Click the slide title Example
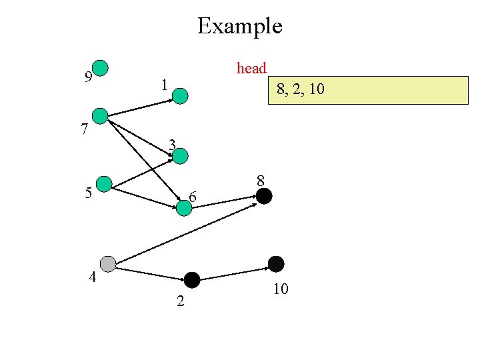coord(240,27)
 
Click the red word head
coord(251,68)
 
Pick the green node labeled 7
coord(100,116)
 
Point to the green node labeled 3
coord(181,156)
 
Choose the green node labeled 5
coord(104,184)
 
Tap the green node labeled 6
coord(184,207)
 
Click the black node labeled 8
coord(264,196)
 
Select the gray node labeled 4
coord(107,264)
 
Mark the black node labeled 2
coord(192,280)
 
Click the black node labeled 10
coord(275,264)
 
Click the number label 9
coord(88,77)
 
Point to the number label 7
coord(84,129)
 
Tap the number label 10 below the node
coord(280,289)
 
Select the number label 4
coord(93,278)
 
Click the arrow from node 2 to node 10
coord(233,273)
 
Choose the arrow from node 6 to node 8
coord(227,201)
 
